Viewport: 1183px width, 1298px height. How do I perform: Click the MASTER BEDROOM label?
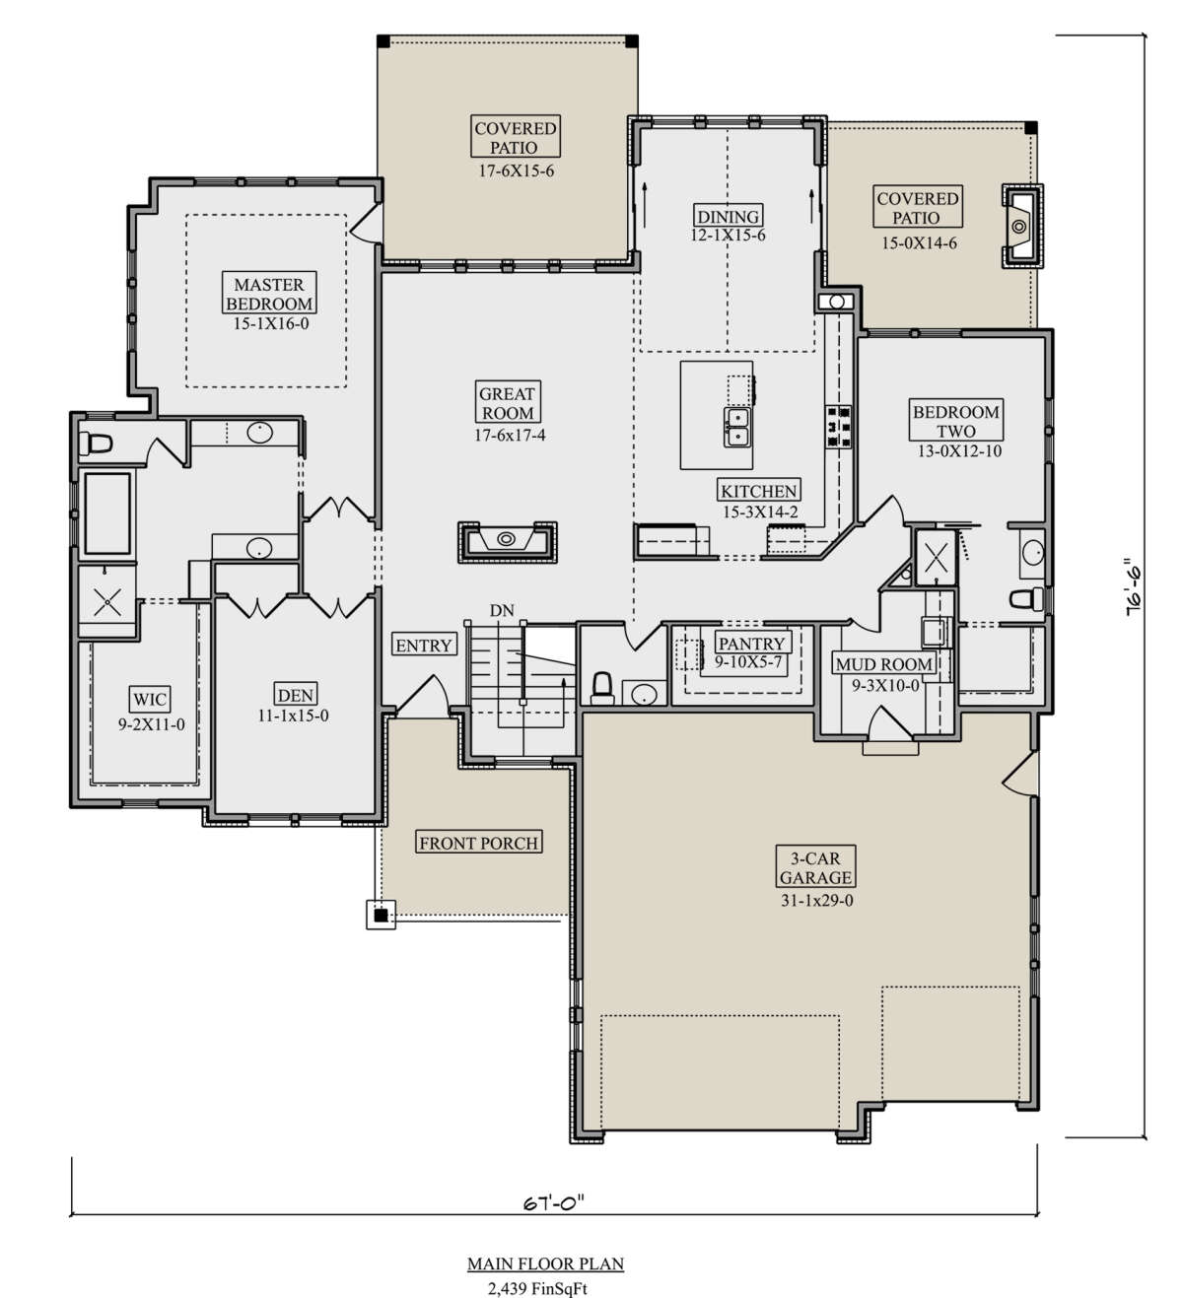(x=269, y=295)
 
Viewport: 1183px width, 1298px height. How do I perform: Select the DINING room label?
(x=729, y=216)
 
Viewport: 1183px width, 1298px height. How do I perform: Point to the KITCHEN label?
(x=758, y=491)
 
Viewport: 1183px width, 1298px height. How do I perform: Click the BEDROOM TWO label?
(x=955, y=421)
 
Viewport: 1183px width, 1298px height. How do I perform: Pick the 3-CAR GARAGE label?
(x=814, y=867)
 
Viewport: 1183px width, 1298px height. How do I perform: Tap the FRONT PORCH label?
(x=478, y=843)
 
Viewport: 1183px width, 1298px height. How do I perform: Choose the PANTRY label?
(x=752, y=644)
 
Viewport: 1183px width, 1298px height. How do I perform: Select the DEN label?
(x=296, y=695)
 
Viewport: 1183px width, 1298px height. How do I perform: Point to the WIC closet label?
(x=150, y=700)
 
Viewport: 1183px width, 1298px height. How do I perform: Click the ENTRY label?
(x=424, y=646)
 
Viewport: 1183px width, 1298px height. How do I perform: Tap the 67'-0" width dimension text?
(x=554, y=1202)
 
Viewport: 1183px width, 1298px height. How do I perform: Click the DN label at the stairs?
(x=502, y=610)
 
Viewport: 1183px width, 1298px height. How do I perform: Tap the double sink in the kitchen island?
(x=736, y=427)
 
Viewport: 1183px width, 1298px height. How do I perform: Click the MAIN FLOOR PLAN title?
(x=546, y=1264)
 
